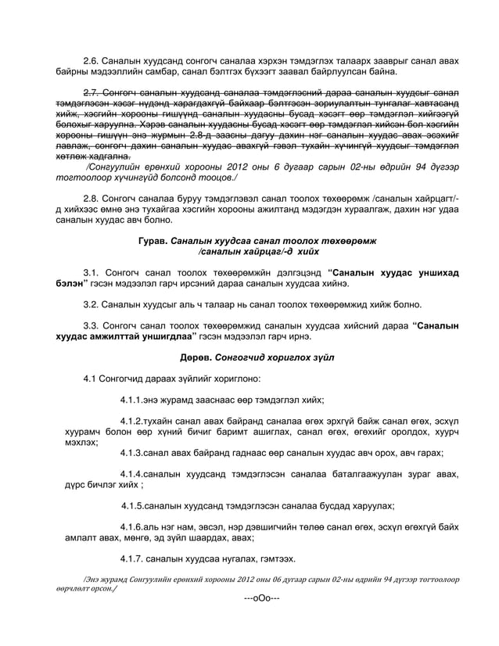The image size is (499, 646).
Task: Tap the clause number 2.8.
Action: (92, 200)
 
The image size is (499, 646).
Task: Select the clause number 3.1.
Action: (92, 272)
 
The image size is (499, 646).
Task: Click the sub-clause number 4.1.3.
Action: (134, 452)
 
